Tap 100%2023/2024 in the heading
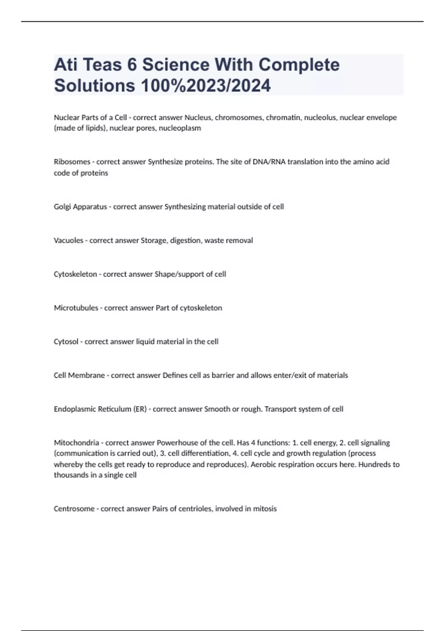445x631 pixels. click(205, 85)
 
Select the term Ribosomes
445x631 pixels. click(72, 162)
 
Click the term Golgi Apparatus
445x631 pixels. click(80, 207)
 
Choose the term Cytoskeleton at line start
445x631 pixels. click(75, 274)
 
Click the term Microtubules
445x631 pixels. click(76, 308)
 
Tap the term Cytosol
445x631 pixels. click(66, 342)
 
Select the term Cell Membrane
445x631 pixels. click(79, 376)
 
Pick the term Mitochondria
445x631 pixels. click(76, 443)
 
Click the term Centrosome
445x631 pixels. click(74, 509)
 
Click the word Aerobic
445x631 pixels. click(264, 464)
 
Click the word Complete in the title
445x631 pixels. click(299, 65)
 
